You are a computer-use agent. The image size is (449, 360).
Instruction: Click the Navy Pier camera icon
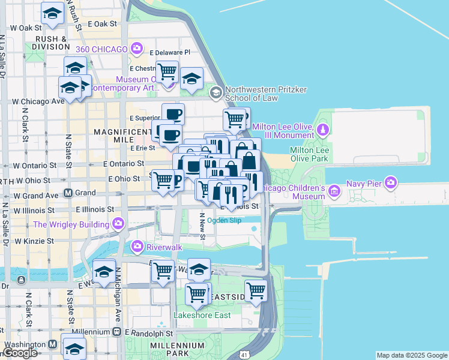391,181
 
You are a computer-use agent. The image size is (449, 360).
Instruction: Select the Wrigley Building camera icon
118,224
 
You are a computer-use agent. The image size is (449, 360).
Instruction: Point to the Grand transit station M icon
68,193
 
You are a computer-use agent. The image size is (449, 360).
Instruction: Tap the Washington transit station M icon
52,345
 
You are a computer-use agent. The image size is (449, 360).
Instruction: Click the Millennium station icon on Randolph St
116,332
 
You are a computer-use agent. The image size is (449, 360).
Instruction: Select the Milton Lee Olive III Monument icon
323,130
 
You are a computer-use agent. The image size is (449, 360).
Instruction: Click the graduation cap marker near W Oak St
53,13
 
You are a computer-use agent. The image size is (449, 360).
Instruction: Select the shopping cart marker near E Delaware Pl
167,71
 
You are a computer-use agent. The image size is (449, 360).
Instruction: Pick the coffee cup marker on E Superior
173,113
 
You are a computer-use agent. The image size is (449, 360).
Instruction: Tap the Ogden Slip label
223,220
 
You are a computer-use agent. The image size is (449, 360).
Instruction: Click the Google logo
20,353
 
